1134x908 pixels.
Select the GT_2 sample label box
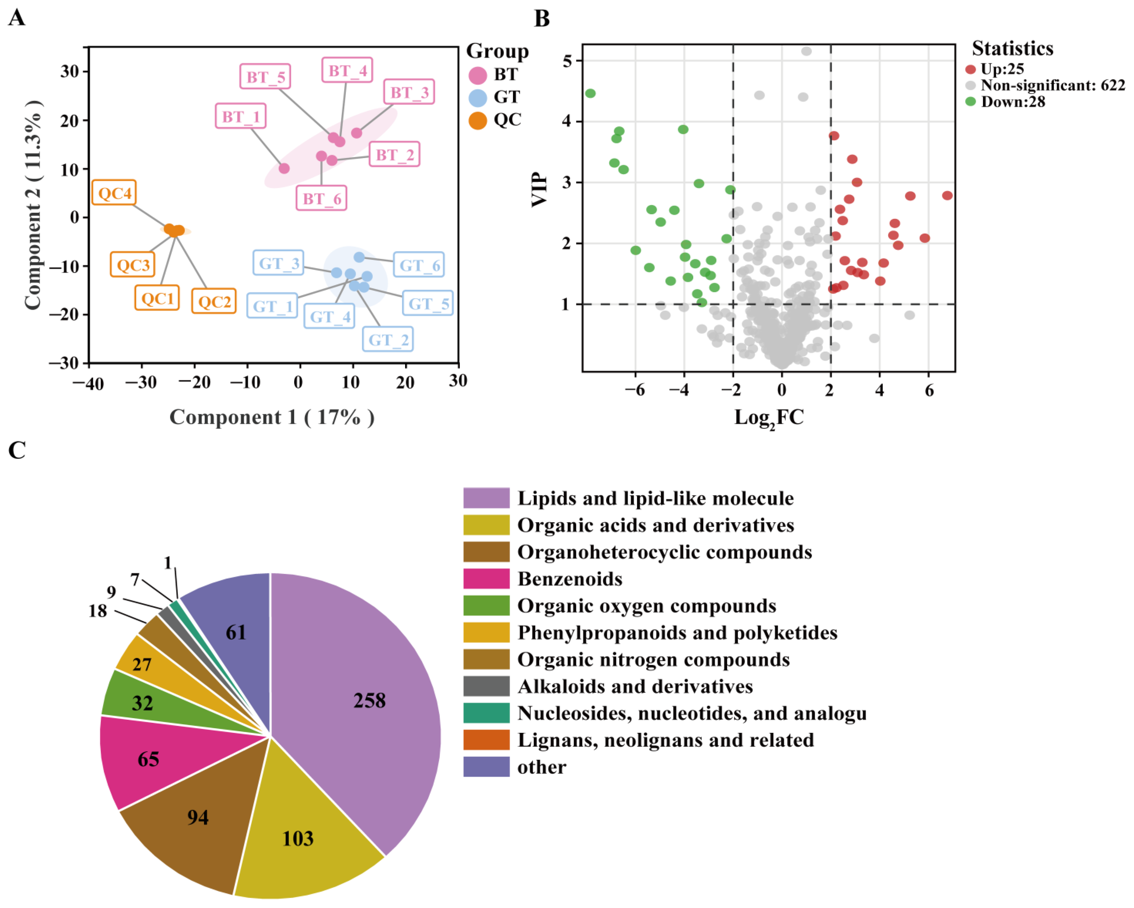coord(388,339)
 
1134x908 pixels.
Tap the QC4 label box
coord(114,193)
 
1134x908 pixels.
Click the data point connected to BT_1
coord(284,168)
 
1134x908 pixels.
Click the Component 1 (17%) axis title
coord(272,417)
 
